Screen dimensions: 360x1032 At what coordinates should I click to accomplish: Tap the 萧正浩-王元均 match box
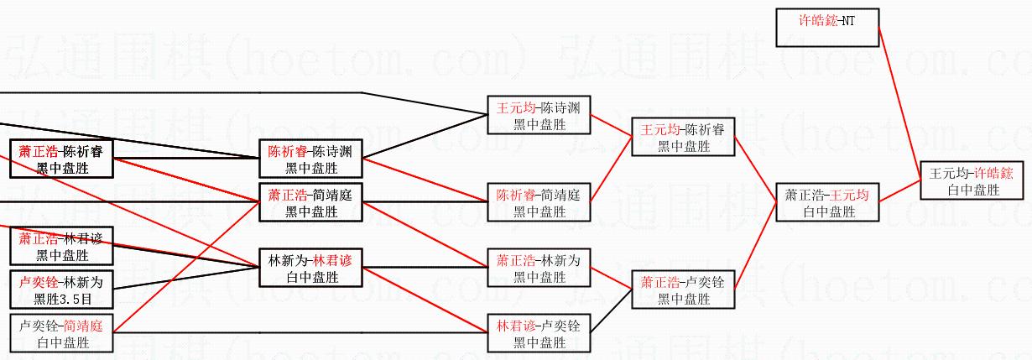(x=827, y=203)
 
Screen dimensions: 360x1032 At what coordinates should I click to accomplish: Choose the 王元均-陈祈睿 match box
(x=683, y=138)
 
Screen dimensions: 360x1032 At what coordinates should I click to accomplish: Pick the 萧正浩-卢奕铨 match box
(x=683, y=290)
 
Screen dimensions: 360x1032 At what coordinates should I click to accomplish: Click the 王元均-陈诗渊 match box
(x=539, y=116)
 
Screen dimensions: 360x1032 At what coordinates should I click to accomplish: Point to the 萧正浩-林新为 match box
(x=539, y=269)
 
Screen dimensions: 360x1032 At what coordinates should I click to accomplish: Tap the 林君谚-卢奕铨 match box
(x=539, y=333)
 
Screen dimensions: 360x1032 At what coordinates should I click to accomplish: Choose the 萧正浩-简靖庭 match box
(x=310, y=203)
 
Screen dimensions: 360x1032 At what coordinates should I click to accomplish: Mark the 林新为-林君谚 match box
(x=310, y=268)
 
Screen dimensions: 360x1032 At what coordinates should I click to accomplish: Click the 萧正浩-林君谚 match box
(x=62, y=247)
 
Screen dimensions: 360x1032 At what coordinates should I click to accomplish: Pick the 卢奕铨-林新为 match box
(x=62, y=290)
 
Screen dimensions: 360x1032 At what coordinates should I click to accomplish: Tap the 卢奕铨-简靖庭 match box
(x=62, y=333)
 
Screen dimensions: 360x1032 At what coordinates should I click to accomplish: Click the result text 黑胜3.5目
(x=62, y=299)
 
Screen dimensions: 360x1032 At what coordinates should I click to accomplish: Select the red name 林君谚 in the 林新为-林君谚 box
(x=333, y=260)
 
